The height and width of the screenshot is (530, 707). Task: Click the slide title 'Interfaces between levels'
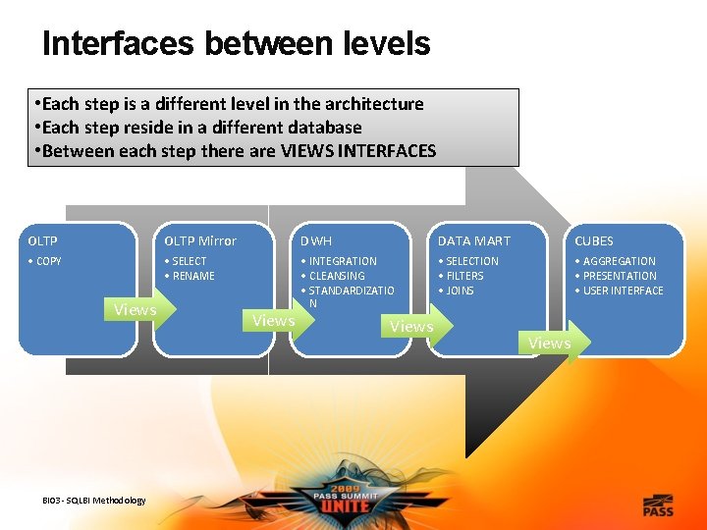pyautogui.click(x=236, y=43)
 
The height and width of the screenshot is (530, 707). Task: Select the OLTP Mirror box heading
pyautogui.click(x=199, y=241)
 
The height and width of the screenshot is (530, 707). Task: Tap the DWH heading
pyautogui.click(x=316, y=241)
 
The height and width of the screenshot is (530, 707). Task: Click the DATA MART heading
pyautogui.click(x=473, y=241)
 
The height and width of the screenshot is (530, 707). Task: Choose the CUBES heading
pyautogui.click(x=593, y=241)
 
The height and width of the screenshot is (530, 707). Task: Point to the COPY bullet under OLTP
pyautogui.click(x=45, y=261)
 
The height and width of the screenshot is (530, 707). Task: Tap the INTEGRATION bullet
pyautogui.click(x=342, y=261)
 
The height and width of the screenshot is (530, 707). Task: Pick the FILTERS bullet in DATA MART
pyautogui.click(x=463, y=276)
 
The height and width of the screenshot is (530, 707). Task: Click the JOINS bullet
pyautogui.click(x=460, y=291)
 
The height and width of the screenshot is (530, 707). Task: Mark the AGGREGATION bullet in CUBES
pyautogui.click(x=619, y=261)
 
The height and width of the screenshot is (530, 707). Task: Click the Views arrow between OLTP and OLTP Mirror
pyautogui.click(x=136, y=310)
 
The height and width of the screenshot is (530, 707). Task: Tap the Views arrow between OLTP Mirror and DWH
pyautogui.click(x=274, y=321)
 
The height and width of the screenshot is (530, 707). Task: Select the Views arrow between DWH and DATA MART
pyautogui.click(x=412, y=327)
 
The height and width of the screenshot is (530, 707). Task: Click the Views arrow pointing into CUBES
pyautogui.click(x=551, y=343)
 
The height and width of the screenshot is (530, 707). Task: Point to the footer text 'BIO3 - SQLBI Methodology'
pyautogui.click(x=94, y=501)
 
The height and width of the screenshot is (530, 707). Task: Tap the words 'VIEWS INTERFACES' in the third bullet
pyautogui.click(x=357, y=150)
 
